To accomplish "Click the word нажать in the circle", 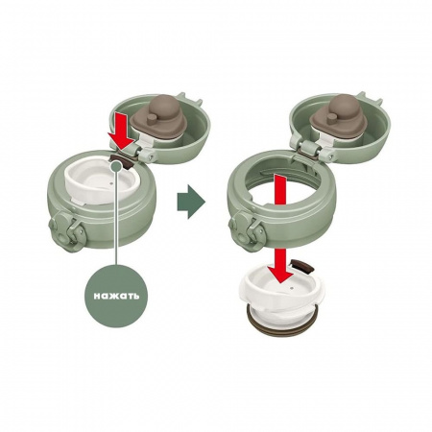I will click(x=116, y=295).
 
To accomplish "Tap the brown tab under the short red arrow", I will click(x=121, y=149).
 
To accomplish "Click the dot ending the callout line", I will click(x=116, y=166).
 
